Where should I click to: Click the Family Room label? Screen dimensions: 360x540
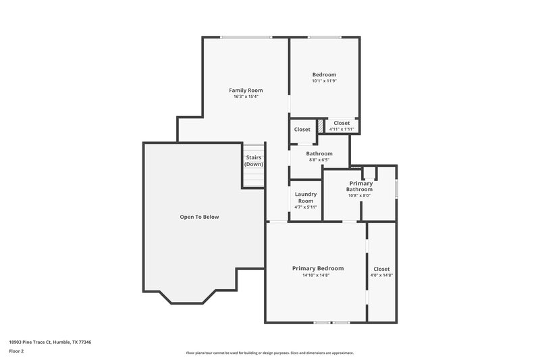point(246,90)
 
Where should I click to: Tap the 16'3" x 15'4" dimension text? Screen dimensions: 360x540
point(246,97)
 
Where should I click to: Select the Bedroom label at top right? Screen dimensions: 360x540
point(324,74)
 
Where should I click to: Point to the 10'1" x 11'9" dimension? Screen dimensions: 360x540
point(324,81)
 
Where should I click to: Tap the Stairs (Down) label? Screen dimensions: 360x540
point(254,161)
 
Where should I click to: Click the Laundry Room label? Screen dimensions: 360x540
point(306,197)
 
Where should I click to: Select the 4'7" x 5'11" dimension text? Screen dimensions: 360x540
point(306,207)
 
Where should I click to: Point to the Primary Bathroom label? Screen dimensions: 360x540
point(360,186)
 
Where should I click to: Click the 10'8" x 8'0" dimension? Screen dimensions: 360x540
point(360,196)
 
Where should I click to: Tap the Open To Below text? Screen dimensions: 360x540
point(199,217)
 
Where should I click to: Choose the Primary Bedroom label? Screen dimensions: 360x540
point(318,268)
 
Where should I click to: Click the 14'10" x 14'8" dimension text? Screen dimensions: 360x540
point(318,276)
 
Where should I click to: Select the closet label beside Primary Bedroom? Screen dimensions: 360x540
point(381,269)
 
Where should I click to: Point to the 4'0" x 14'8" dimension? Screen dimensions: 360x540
point(381,276)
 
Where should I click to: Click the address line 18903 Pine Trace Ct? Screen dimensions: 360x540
point(51,342)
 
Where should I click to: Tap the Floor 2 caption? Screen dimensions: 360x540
point(16,351)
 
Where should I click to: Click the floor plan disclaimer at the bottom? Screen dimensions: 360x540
point(269,353)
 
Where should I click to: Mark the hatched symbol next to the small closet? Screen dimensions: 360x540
point(321,126)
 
